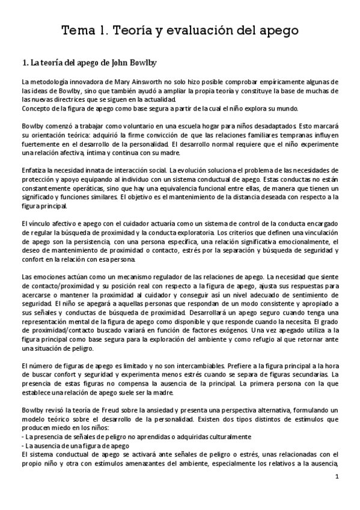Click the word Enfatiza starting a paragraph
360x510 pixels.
34,164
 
